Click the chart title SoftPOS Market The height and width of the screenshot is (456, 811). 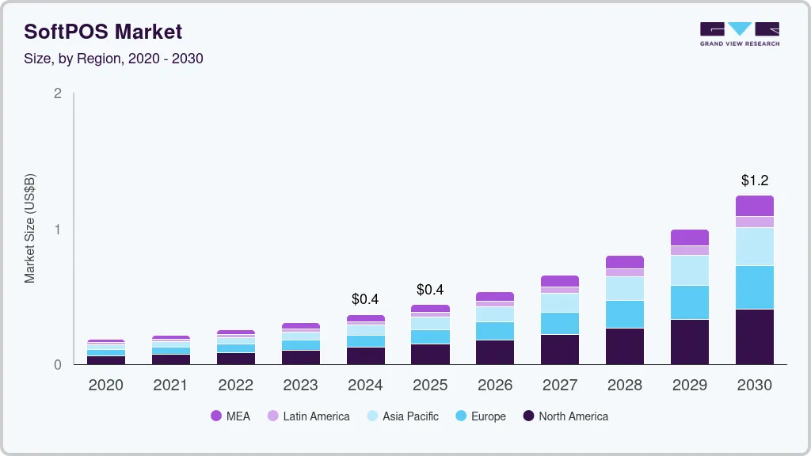(103, 32)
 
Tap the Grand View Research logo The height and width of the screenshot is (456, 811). (739, 34)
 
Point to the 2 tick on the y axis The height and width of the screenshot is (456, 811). (57, 93)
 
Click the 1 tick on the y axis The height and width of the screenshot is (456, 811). (57, 230)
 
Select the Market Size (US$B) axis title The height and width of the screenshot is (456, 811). (30, 229)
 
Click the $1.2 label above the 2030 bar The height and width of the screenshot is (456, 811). (755, 180)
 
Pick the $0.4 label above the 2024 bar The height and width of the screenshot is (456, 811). (365, 299)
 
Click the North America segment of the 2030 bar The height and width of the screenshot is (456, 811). (755, 336)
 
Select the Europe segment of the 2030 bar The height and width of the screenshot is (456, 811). (755, 287)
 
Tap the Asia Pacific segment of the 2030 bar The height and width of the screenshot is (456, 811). (755, 246)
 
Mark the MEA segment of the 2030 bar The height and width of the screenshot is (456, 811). (755, 206)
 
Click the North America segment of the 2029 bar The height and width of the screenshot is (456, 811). (690, 342)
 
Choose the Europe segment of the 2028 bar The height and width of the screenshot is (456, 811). (625, 314)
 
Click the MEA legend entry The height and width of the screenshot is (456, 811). (230, 416)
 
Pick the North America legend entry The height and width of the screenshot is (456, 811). (565, 416)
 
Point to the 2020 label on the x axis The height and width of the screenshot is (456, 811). (105, 386)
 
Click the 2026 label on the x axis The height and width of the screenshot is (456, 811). (495, 386)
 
